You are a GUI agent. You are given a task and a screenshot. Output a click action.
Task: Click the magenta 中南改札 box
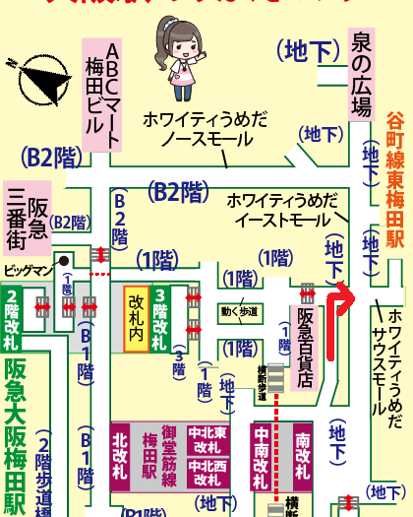click(262, 458)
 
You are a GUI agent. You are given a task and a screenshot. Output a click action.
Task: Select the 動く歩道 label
click(241, 312)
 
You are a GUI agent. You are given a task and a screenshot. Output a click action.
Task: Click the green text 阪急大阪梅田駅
click(15, 433)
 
